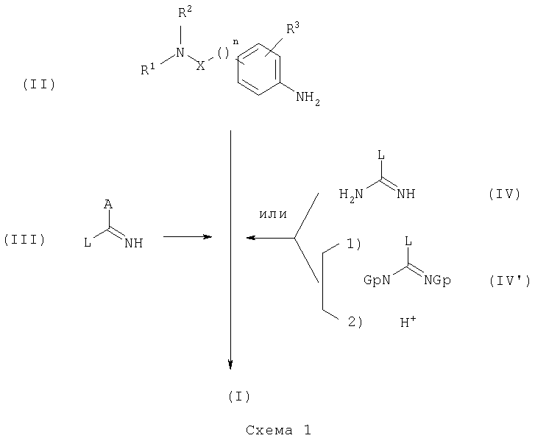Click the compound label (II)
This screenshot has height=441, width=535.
click(39, 84)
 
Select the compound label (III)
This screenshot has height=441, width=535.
click(24, 239)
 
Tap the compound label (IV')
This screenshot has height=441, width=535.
click(510, 281)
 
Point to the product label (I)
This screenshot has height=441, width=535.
click(239, 396)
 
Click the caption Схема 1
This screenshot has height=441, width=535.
click(278, 430)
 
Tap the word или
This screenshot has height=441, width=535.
click(273, 214)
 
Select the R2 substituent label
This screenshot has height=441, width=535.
click(185, 13)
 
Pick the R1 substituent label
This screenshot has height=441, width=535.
click(148, 69)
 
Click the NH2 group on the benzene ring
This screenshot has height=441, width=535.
click(308, 99)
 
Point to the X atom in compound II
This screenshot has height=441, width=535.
click(201, 66)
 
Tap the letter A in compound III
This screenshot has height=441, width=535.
click(108, 205)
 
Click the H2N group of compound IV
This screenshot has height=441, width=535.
click(352, 195)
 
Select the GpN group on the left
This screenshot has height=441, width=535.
click(377, 281)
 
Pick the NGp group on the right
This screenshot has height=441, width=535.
click(438, 281)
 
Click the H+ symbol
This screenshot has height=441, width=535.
click(408, 321)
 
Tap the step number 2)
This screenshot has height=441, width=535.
click(355, 322)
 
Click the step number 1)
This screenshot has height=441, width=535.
click(354, 244)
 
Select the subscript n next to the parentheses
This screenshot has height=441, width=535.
click(235, 42)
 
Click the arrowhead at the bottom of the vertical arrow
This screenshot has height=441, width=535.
click(230, 365)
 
